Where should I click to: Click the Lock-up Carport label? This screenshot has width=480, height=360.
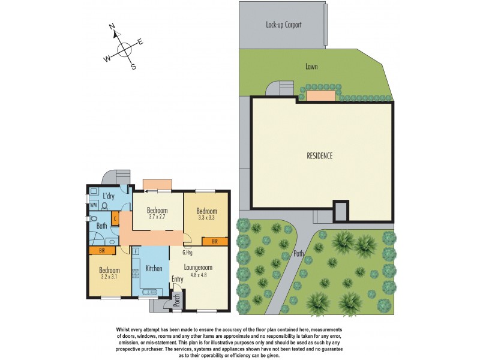pos(283,25)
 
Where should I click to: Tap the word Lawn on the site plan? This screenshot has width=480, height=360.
pos(311,67)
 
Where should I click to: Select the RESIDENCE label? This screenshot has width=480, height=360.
pos(319,155)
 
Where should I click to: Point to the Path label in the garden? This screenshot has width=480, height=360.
pos(299,253)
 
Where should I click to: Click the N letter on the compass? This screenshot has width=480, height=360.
pos(112,26)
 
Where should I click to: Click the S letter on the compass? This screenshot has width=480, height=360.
pos(133,67)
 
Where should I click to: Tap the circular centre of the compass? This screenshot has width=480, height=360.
pos(124,50)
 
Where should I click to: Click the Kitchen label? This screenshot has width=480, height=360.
pos(154,269)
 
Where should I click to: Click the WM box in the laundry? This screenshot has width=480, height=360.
pos(94,205)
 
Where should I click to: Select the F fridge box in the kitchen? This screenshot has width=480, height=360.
pos(136,251)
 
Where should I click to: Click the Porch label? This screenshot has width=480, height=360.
pos(176,301)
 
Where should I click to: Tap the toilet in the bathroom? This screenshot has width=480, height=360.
pos(105,205)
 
